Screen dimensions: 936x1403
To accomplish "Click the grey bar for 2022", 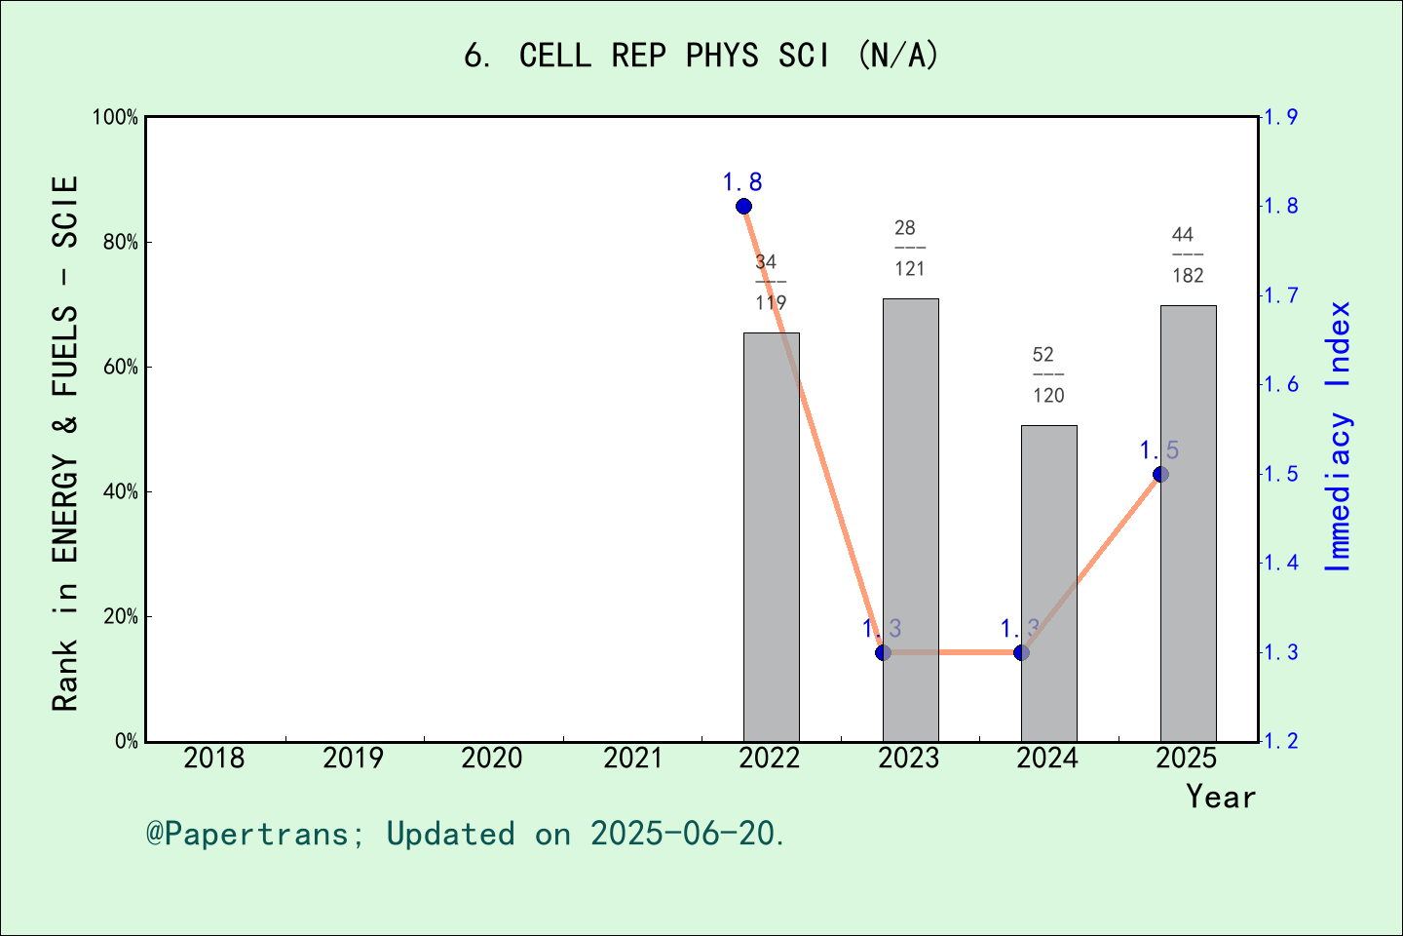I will point(771,536).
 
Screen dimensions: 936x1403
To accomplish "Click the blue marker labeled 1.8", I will point(743,206).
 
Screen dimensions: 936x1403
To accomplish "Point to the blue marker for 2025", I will point(1160,474).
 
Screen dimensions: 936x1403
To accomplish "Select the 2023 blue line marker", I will point(883,652).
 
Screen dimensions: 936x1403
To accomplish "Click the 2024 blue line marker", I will point(1021,652).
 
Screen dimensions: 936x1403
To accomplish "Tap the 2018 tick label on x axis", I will point(214,758).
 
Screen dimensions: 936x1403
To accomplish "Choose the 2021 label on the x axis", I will point(631,758).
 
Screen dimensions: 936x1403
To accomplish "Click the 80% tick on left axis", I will point(121,242).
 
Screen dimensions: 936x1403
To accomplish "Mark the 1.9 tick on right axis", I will point(1280,117).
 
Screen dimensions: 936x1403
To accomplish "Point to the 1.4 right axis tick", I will point(1280,563).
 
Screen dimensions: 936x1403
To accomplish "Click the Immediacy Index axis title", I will point(1340,436).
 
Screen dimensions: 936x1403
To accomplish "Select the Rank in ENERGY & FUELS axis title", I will point(65,444).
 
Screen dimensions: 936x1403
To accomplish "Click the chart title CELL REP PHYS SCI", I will point(701,56).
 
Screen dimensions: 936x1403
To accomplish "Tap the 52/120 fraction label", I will point(1047,374).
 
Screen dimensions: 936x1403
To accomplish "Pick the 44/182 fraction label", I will point(1187,254).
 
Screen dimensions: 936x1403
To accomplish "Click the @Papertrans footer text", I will point(465,834).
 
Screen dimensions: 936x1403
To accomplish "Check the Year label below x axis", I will point(1220,797).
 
